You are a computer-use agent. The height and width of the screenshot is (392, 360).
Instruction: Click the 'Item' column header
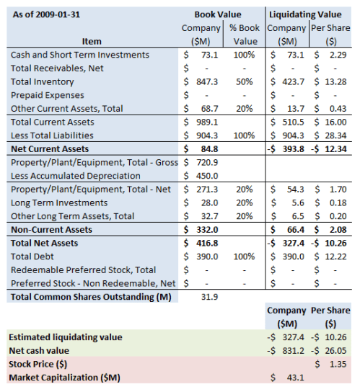point(92,41)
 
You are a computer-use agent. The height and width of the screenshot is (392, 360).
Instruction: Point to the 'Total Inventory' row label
point(43,81)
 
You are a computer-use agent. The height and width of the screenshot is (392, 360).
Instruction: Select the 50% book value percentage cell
point(245,81)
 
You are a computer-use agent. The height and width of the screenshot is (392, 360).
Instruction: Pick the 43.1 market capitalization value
point(296,378)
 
